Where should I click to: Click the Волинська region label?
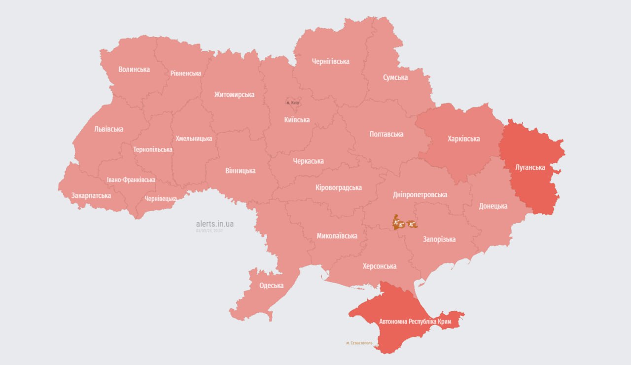point(134,70)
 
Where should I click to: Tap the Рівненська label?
point(186,73)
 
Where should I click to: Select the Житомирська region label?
point(234,95)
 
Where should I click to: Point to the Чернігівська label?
point(331,62)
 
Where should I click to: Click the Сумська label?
point(395,77)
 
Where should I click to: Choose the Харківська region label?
point(463,139)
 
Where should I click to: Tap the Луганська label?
point(530,167)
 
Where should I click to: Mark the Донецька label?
point(493,206)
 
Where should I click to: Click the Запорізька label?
point(439,239)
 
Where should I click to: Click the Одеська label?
point(272,286)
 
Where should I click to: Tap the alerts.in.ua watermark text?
point(215,224)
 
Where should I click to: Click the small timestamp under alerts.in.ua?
point(210,231)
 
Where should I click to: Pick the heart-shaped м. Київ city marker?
point(294,102)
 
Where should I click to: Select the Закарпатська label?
point(91,196)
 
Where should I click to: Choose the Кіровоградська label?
point(339,187)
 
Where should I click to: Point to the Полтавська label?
point(386,134)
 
